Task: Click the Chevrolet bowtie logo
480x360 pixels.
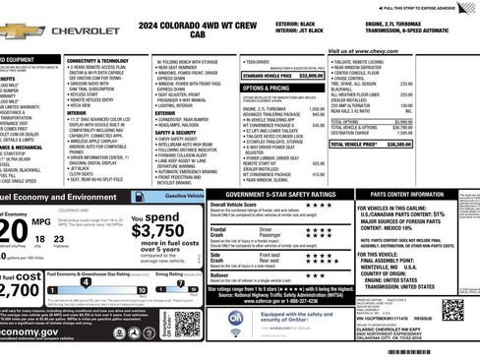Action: pyautogui.click(x=22, y=31)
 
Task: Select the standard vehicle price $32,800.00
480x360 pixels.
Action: pyautogui.click(x=310, y=75)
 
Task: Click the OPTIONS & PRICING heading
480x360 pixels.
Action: pyautogui.click(x=266, y=88)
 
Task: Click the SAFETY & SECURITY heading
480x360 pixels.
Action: pyautogui.click(x=176, y=133)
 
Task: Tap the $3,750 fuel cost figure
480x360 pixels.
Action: pyautogui.click(x=156, y=231)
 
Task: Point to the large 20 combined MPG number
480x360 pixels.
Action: pyautogui.click(x=14, y=230)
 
